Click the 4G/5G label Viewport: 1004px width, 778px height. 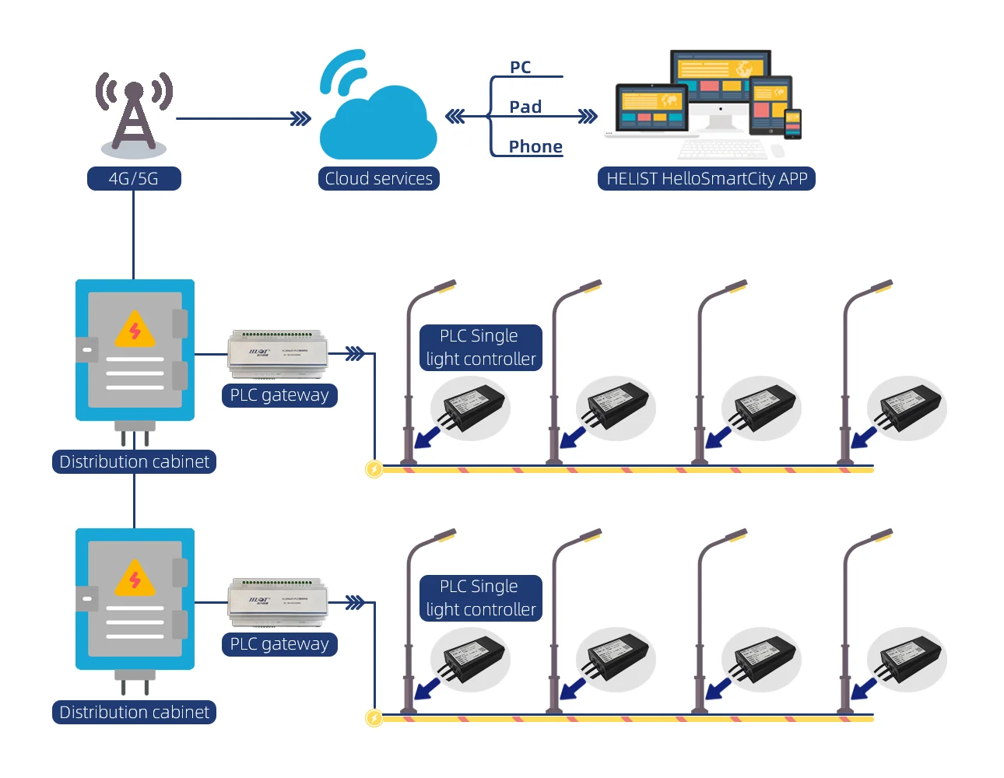tap(134, 179)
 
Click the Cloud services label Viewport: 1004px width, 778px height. tap(379, 179)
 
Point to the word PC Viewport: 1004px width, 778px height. tap(521, 68)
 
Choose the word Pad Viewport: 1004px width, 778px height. tap(525, 107)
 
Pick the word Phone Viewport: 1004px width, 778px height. tap(535, 147)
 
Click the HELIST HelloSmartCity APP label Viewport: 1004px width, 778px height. tap(707, 179)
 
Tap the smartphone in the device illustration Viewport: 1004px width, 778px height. tap(792, 124)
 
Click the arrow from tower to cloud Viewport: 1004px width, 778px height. tap(300, 119)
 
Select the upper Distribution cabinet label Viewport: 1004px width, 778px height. tap(134, 462)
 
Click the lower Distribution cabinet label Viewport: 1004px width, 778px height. tap(134, 713)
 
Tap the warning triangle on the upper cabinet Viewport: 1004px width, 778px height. tap(135, 330)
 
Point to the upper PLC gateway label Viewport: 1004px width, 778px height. tap(279, 395)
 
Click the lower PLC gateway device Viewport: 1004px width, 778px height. tap(278, 601)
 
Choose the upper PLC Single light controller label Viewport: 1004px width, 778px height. tap(480, 348)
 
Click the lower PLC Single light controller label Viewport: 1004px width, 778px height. tap(480, 598)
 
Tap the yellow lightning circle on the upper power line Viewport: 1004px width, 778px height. tap(374, 469)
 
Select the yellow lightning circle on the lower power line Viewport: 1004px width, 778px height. tap(374, 718)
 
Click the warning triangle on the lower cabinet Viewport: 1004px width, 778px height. tap(135, 579)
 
